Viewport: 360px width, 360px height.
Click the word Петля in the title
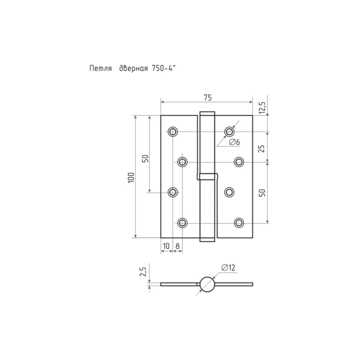click(100, 68)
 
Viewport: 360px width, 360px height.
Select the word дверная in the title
click(134, 68)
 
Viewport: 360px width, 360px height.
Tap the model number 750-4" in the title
click(163, 68)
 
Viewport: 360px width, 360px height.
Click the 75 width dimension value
click(208, 98)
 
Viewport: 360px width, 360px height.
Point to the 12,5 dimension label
click(262, 108)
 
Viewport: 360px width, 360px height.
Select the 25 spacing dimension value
click(261, 149)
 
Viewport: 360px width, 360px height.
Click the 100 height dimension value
click(131, 177)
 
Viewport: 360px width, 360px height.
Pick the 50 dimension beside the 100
click(145, 159)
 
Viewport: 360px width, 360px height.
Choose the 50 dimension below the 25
click(262, 193)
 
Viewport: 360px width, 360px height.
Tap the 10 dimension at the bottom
click(166, 246)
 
